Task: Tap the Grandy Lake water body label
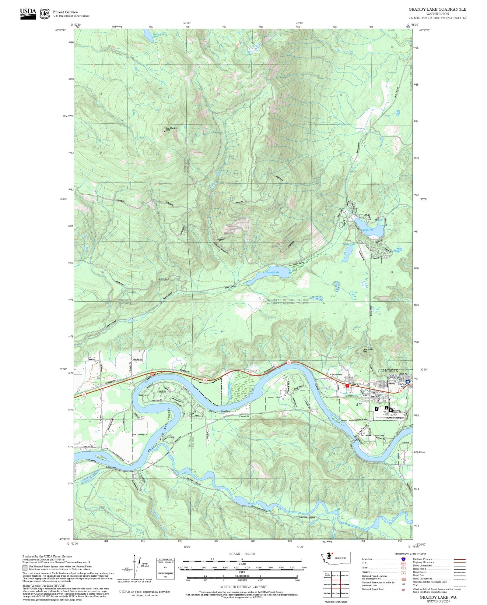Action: [x=272, y=272]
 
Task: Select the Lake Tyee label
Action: [x=368, y=230]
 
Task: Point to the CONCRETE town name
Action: [x=387, y=370]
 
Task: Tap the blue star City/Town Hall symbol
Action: [x=408, y=381]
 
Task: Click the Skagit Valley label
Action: [x=219, y=412]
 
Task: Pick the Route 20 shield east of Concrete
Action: [x=401, y=391]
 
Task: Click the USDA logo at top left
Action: [x=28, y=14]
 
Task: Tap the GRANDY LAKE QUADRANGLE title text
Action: [x=437, y=9]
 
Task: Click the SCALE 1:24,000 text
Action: [x=242, y=554]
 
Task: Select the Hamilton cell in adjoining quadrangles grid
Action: [x=327, y=584]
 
